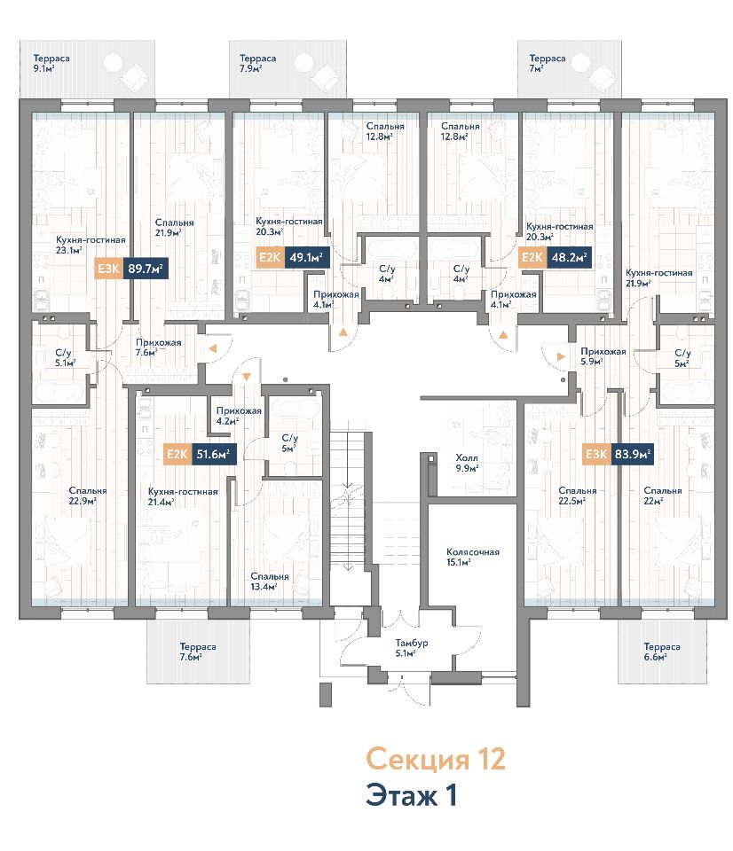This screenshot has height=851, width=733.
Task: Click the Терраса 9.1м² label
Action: coord(51,63)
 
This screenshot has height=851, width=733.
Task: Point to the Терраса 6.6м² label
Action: coord(662,652)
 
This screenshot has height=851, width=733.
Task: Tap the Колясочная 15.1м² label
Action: coord(473,557)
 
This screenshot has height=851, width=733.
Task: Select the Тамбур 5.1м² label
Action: coord(412,647)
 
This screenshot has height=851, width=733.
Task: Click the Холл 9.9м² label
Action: coord(467,463)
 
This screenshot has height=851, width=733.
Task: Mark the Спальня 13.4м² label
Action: coord(270,582)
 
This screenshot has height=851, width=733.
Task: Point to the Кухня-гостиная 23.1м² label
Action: coord(91,245)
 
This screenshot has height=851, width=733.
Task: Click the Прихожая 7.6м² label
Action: coord(158,347)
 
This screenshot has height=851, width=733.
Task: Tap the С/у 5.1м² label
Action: coord(65,357)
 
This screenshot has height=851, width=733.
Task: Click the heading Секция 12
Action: coord(436,759)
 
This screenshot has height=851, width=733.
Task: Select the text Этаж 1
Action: coord(412,795)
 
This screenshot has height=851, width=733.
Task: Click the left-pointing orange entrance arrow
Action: coord(212,349)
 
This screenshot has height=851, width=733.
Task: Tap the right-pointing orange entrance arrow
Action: coord(561,356)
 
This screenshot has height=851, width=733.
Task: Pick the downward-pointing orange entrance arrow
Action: coord(246,377)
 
